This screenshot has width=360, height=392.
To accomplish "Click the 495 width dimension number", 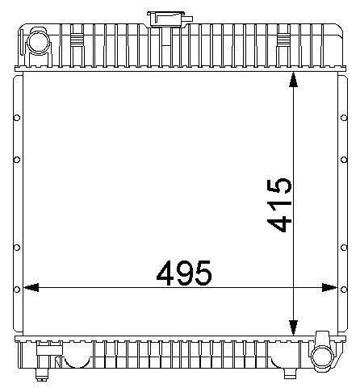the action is pyautogui.click(x=184, y=273).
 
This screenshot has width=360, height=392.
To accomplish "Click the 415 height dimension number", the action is pyautogui.click(x=279, y=205).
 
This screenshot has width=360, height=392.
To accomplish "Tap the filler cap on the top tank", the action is pyautogui.click(x=168, y=19).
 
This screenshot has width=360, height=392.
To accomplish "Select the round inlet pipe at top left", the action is pyautogui.click(x=39, y=43).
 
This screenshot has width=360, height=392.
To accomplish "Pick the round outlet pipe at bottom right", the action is pyautogui.click(x=322, y=355).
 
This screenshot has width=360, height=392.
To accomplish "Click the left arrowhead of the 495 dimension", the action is pyautogui.click(x=31, y=287).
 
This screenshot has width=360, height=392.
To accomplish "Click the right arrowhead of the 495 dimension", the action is pyautogui.click(x=329, y=288).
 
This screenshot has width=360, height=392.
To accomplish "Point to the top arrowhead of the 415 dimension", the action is pyautogui.click(x=293, y=79).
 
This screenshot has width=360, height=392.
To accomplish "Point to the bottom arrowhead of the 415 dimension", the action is pyautogui.click(x=293, y=327).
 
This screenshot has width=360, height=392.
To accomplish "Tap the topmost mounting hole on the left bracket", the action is pyautogui.click(x=17, y=118).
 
